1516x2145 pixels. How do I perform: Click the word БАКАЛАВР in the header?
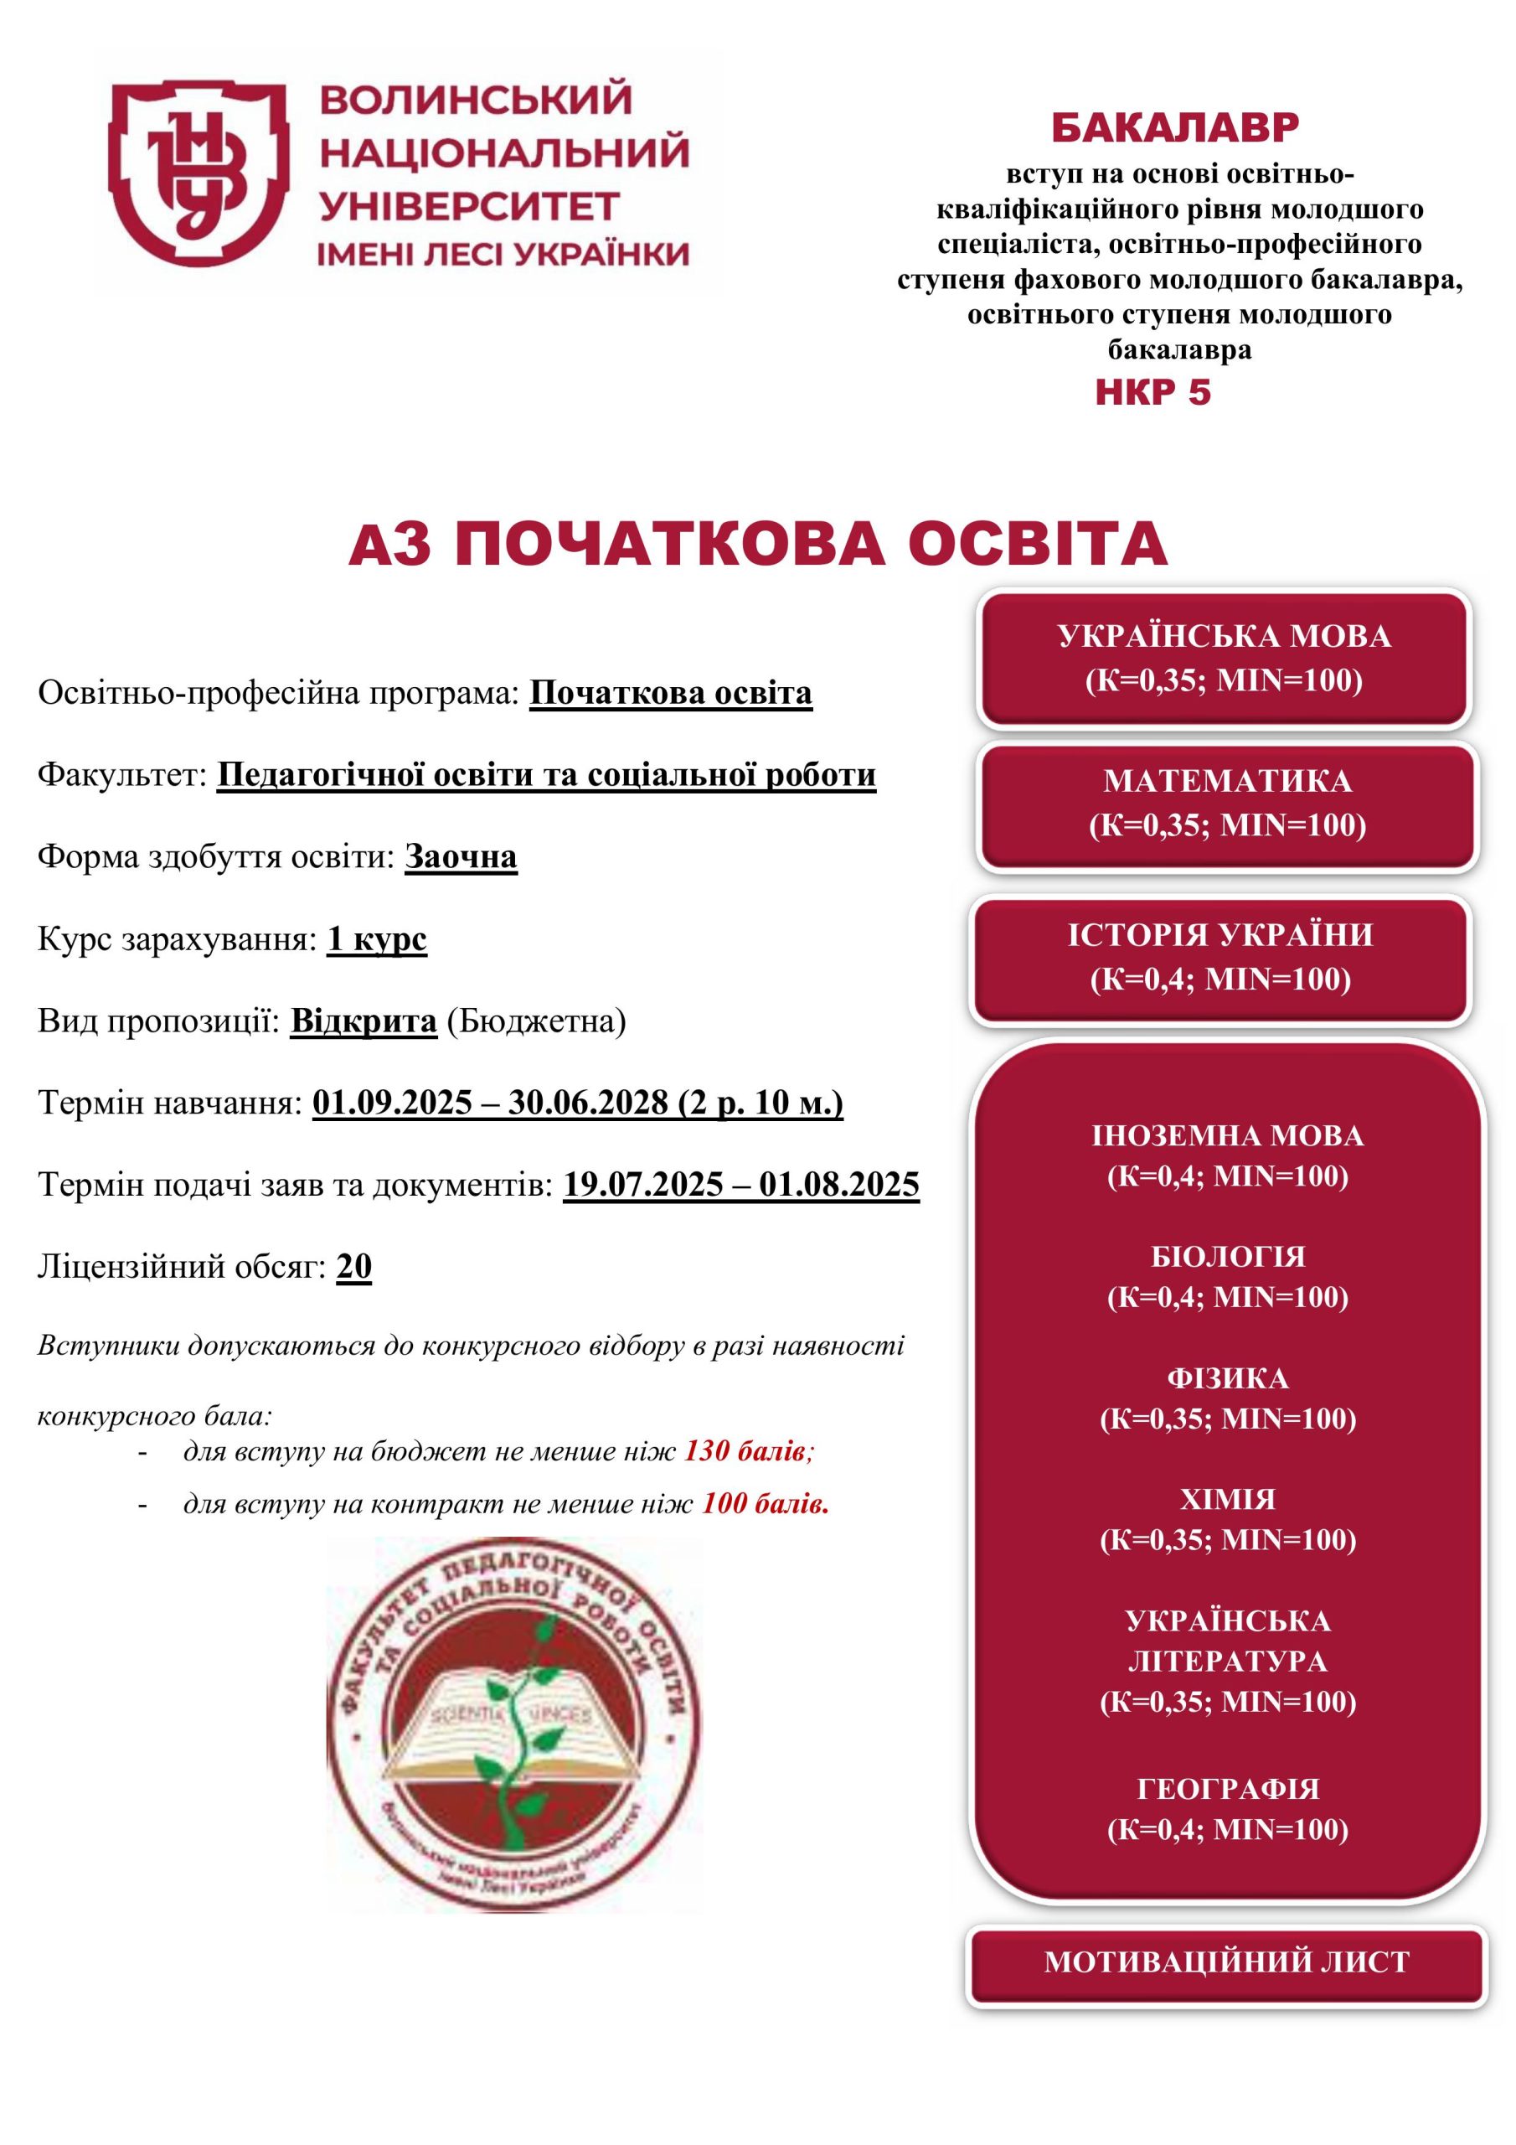click(x=1174, y=128)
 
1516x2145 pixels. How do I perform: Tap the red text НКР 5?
click(x=1152, y=392)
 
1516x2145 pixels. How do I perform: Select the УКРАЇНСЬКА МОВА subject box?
click(x=1224, y=658)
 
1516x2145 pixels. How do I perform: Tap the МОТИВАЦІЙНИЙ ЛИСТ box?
click(x=1225, y=1962)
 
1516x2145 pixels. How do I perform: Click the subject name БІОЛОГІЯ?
click(x=1227, y=1257)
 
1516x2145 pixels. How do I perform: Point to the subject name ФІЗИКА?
click(x=1227, y=1378)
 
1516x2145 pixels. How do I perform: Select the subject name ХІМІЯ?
click(x=1227, y=1500)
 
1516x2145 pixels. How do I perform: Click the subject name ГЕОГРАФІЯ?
click(x=1227, y=1789)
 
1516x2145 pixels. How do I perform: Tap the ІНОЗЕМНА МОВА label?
click(x=1227, y=1136)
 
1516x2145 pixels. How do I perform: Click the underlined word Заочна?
click(x=461, y=856)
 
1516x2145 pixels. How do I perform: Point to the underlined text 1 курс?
click(x=376, y=939)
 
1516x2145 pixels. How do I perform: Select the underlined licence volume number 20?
click(x=354, y=1267)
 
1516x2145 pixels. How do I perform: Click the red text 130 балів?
click(x=747, y=1451)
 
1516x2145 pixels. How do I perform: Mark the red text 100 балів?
click(x=765, y=1503)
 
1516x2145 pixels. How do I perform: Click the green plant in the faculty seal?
click(x=519, y=1729)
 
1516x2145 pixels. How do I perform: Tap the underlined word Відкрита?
click(x=364, y=1021)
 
